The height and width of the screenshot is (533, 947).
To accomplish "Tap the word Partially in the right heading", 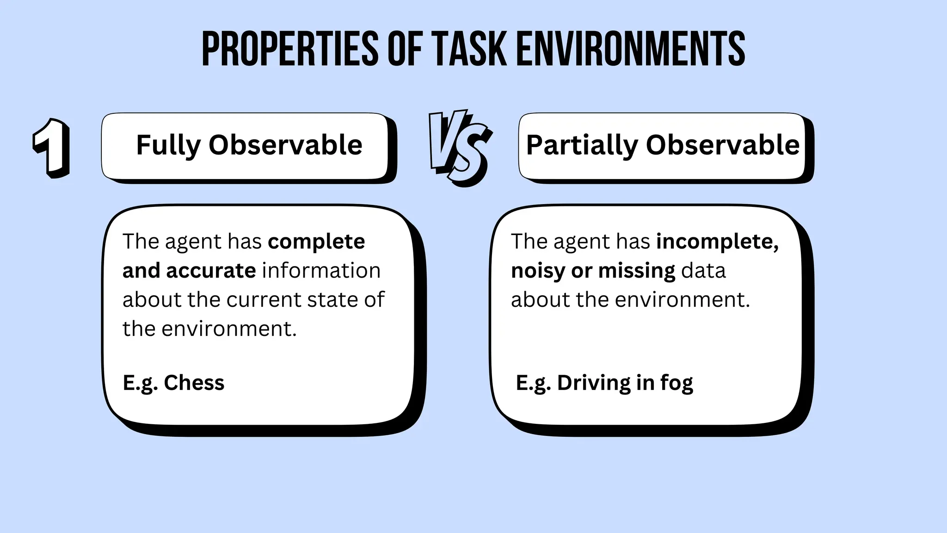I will pyautogui.click(x=582, y=145).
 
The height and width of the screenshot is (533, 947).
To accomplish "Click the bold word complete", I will pyautogui.click(x=316, y=242).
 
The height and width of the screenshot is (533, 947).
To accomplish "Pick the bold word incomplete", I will pyautogui.click(x=717, y=242).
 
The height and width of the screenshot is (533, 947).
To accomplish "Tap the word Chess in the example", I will pyautogui.click(x=194, y=383).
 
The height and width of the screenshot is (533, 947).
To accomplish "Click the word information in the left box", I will pyautogui.click(x=321, y=271).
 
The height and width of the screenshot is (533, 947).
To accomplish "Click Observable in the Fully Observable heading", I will pyautogui.click(x=285, y=145).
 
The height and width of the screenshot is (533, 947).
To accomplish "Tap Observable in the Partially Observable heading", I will pyautogui.click(x=722, y=145).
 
